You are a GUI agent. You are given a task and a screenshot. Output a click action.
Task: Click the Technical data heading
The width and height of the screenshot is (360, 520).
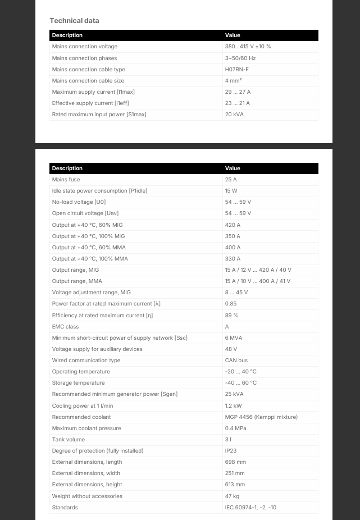click(74, 21)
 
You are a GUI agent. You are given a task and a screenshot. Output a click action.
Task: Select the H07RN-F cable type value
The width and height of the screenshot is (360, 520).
click(236, 70)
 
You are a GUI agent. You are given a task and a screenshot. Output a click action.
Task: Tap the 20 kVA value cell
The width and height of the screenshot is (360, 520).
click(234, 115)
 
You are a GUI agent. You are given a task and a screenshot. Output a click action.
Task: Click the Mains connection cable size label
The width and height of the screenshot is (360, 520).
click(88, 81)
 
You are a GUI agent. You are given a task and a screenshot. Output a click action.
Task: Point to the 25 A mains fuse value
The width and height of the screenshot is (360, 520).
click(231, 180)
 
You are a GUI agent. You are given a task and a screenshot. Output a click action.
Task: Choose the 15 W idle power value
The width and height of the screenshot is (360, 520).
click(231, 191)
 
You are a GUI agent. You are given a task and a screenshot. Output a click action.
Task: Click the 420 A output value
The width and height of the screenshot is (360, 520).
click(233, 225)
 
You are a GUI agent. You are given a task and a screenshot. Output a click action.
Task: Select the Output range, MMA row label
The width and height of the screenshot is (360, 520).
click(77, 281)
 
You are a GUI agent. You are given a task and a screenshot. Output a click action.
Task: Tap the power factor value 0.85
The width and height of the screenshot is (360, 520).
click(231, 304)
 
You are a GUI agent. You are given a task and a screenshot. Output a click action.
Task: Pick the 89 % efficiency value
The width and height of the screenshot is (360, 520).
click(231, 316)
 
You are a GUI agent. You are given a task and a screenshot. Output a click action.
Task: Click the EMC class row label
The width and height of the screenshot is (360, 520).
click(65, 327)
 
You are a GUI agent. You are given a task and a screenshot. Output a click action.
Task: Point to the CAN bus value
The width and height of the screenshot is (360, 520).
click(236, 361)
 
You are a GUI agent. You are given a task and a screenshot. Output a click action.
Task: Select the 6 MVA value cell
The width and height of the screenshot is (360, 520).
click(234, 338)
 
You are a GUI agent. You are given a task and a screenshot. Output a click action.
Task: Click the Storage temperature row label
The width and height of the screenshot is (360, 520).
click(78, 383)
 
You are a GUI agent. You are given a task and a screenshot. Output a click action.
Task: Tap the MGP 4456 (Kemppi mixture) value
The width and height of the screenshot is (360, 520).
click(261, 417)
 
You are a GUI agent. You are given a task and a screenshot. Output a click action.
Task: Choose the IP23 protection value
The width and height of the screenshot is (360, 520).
click(231, 451)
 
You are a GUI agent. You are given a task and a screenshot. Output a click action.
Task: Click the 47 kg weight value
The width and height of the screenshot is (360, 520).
click(232, 496)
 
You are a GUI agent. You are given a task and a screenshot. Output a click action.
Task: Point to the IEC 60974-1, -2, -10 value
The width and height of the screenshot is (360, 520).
click(250, 508)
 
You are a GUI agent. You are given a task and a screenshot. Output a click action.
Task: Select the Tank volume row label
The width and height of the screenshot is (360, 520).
click(69, 440)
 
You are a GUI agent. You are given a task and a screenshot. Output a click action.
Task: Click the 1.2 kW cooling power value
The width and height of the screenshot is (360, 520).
click(233, 405)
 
